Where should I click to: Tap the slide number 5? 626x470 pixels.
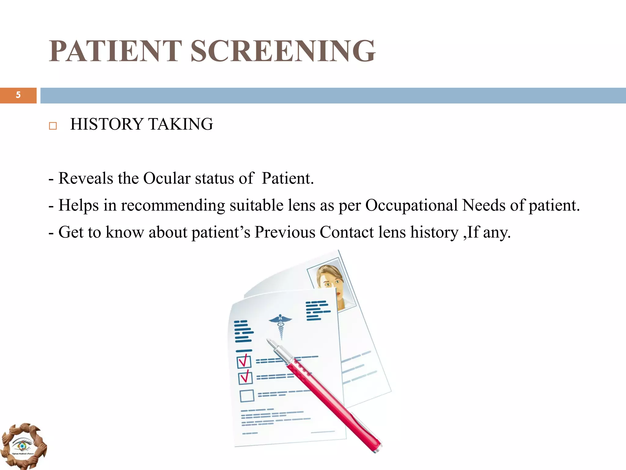coord(18,95)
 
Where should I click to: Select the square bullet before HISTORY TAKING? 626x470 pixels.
coord(53,126)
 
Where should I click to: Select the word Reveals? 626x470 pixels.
coord(86,178)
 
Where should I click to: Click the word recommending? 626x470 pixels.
coord(173,206)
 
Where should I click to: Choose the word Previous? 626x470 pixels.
coord(285,232)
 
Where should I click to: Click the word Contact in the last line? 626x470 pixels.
coord(347,232)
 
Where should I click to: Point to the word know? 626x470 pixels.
coord(125,232)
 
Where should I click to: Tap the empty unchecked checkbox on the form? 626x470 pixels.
coord(247,396)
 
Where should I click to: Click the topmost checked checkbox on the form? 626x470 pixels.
coord(244,362)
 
